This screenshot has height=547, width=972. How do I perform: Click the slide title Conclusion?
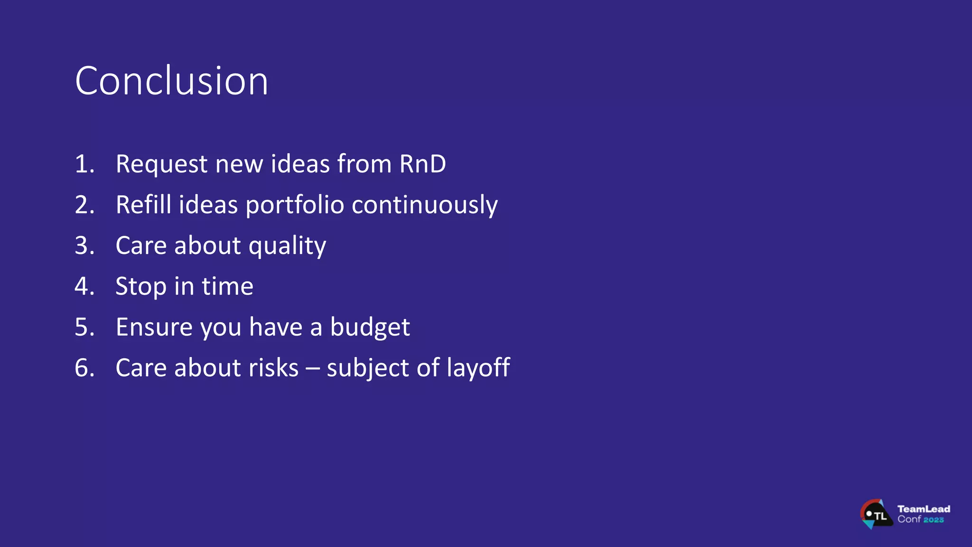[x=171, y=81]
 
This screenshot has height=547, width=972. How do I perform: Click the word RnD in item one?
[x=422, y=164]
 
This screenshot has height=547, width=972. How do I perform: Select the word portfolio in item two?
[x=295, y=206]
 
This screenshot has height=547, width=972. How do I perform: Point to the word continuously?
[x=424, y=206]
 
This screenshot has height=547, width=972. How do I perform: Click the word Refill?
[x=143, y=205]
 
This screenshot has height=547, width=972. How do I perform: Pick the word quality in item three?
[x=287, y=246]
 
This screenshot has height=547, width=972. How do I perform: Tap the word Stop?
[x=141, y=287]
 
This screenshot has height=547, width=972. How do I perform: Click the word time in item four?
[x=227, y=286]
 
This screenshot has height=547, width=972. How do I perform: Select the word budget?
[x=370, y=328]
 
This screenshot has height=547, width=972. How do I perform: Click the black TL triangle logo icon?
[x=876, y=514]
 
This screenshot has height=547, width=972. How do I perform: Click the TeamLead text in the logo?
[x=924, y=509]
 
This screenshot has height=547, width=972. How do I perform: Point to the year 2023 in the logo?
[x=934, y=520]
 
